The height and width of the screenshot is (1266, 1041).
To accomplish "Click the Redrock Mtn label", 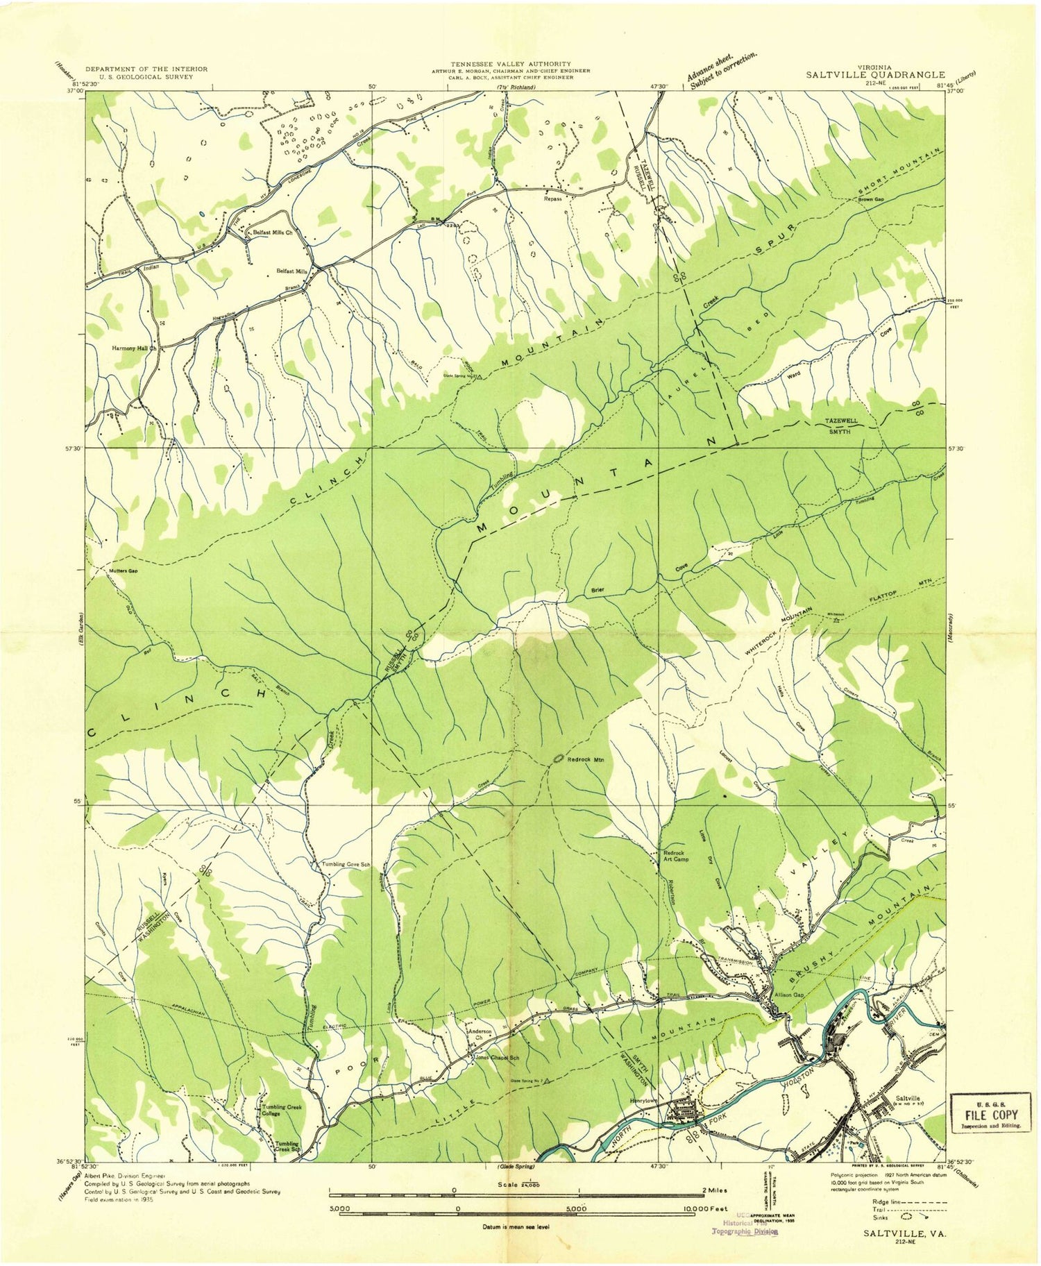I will pyautogui.click(x=586, y=760).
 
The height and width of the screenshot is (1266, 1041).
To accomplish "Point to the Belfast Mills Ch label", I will pyautogui.click(x=272, y=233).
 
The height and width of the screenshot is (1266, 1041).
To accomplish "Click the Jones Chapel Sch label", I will pyautogui.click(x=498, y=1058).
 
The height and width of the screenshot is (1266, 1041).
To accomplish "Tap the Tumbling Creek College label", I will pyautogui.click(x=280, y=1110).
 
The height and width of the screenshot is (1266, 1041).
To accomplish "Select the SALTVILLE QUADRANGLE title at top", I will pyautogui.click(x=875, y=74).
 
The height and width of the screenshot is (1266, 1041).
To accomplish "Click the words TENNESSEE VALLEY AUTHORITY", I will pyautogui.click(x=510, y=64).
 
